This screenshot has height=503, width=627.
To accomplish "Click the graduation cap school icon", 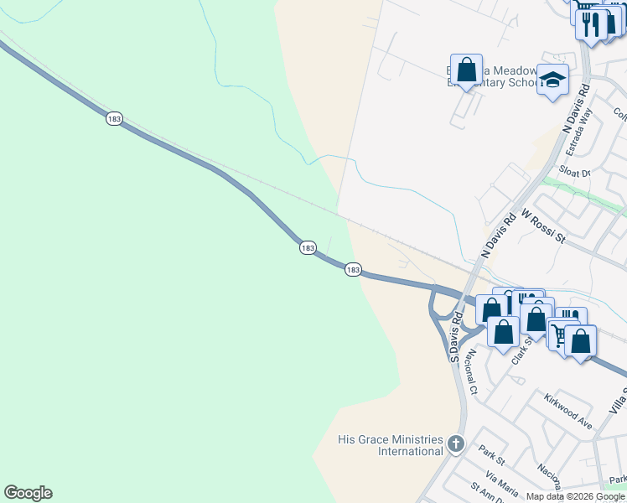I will point(552,80).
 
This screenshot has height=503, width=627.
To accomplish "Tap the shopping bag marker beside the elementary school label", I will point(466,70).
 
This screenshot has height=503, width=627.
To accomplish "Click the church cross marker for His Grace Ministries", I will point(455,443).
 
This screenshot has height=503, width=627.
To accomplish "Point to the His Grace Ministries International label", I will point(390,445).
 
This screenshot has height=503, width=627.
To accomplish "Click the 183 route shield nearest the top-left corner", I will point(114,119).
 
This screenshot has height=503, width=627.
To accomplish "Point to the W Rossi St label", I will point(544,226).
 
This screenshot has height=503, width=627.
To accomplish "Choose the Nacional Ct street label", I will point(472,372).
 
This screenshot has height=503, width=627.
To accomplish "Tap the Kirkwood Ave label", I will point(568,400).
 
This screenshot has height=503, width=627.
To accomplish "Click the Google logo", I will point(28,493).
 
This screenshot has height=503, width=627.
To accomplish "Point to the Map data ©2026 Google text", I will point(575,496).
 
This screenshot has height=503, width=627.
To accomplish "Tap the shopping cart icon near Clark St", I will point(559,334).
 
